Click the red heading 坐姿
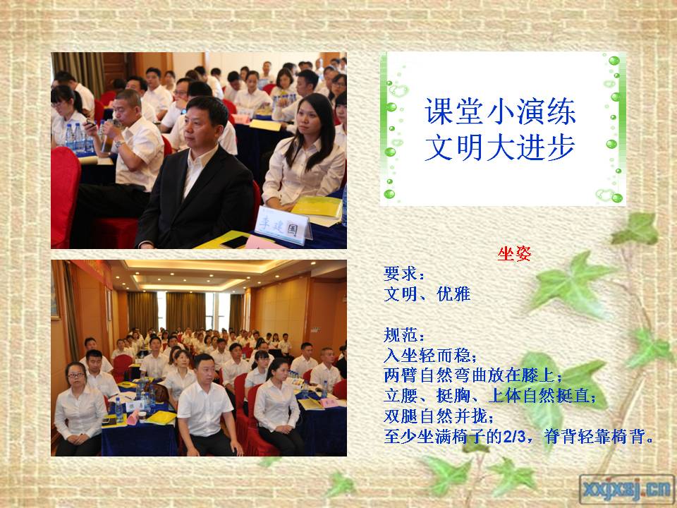[514, 254]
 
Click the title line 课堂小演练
[499, 111]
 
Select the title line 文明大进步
[499, 147]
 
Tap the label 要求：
[404, 274]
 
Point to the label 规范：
[404, 335]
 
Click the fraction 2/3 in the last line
[514, 437]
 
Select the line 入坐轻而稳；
[430, 356]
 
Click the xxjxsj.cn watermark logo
[626, 489]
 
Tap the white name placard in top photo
[283, 225]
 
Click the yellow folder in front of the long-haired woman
[318, 207]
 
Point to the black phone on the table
[236, 242]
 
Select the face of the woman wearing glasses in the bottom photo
[77, 375]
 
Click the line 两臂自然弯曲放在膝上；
[473, 376]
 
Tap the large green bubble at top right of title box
[614, 61]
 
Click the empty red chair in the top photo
[65, 197]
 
